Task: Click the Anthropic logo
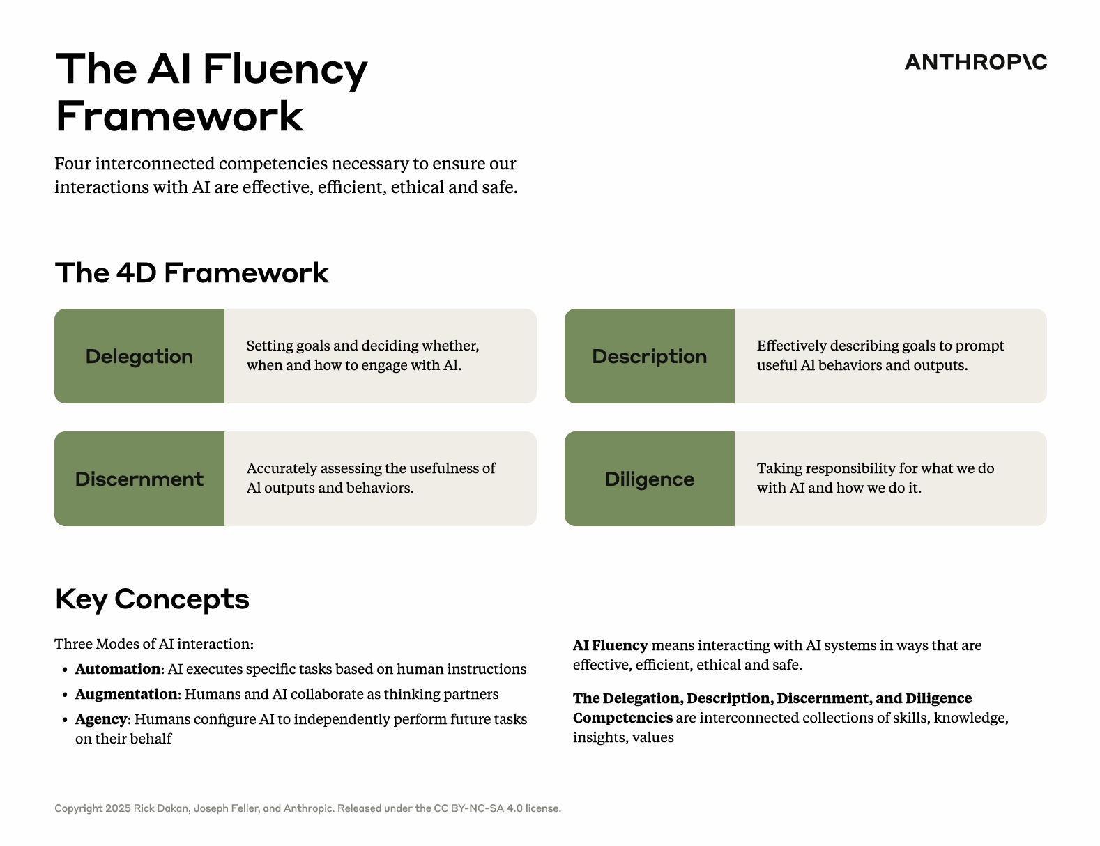975,62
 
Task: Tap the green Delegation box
139,355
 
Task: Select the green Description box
650,355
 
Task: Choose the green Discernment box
139,479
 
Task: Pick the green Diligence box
650,479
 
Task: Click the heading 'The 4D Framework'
192,272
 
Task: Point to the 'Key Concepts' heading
152,599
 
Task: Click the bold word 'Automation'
118,669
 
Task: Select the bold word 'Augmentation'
127,694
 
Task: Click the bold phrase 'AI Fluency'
611,645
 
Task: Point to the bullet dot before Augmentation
65,695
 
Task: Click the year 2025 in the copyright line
118,808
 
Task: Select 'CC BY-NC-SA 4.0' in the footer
478,808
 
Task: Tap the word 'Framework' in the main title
179,116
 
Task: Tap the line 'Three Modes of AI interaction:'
154,644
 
